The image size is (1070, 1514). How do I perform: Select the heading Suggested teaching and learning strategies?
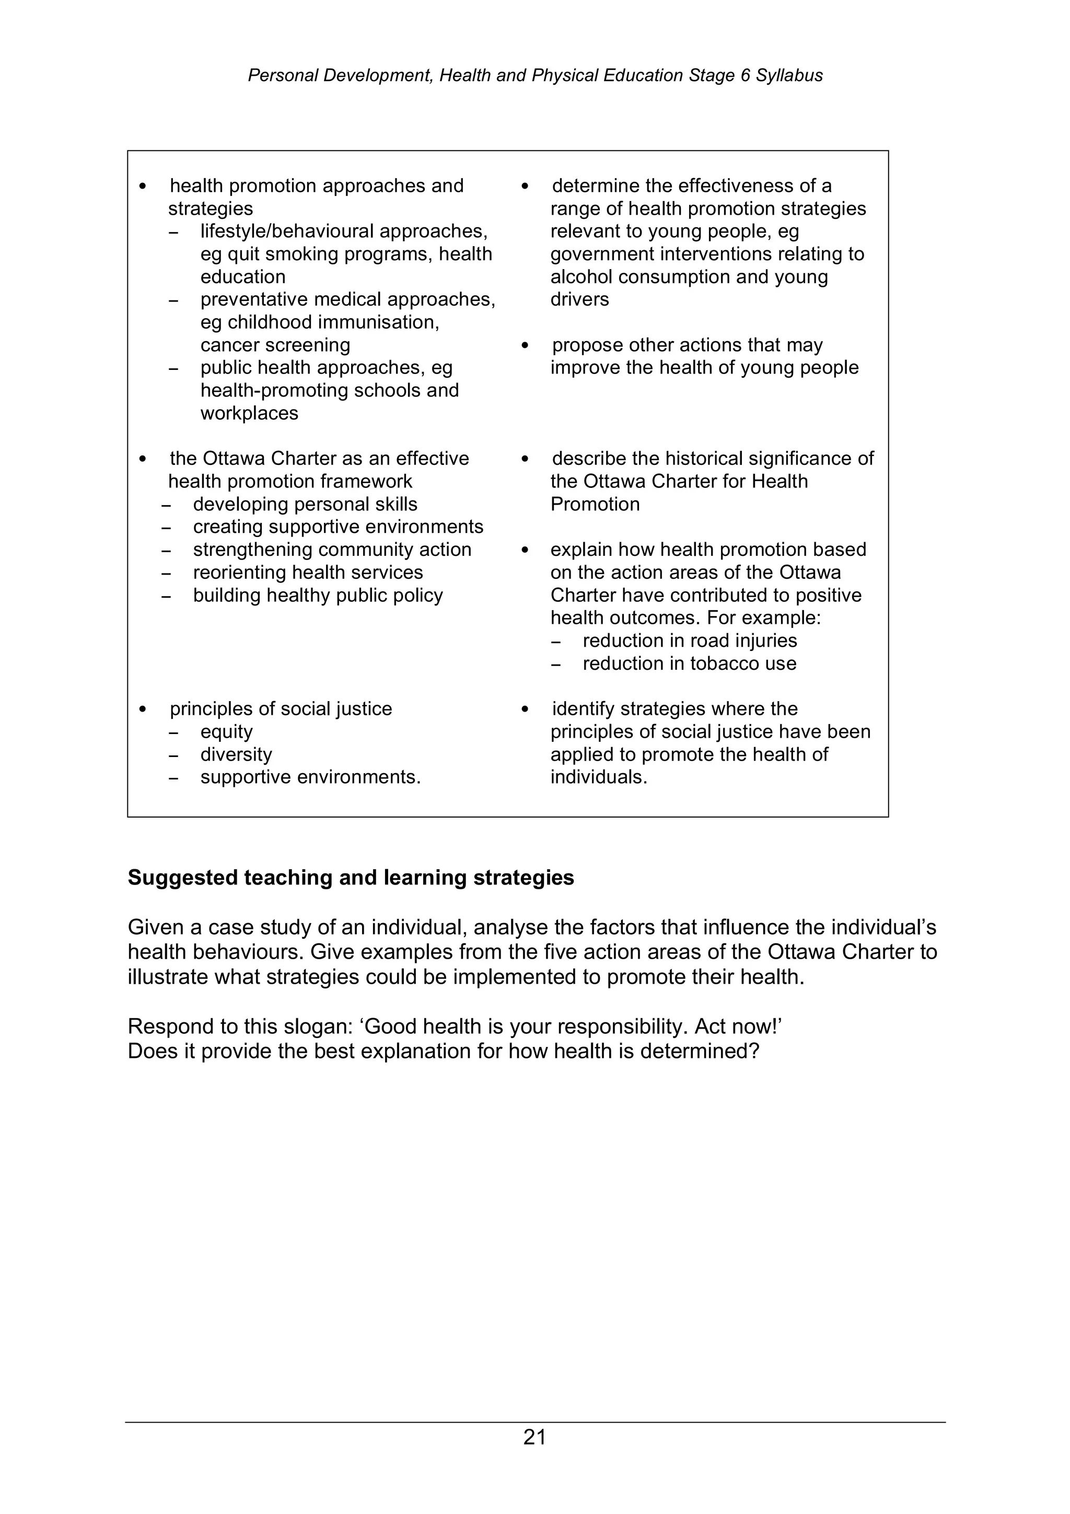tap(351, 878)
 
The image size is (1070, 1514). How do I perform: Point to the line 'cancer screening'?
tap(275, 345)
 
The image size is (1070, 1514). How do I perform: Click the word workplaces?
tap(249, 413)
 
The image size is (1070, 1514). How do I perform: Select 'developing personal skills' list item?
tap(305, 505)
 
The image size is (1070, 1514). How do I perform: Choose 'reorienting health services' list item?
tap(307, 573)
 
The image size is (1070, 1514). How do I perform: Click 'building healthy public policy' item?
tap(318, 596)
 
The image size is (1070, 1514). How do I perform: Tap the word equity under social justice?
tap(226, 732)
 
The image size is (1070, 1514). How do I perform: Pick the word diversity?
tap(236, 754)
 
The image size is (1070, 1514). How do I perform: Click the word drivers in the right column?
tap(579, 299)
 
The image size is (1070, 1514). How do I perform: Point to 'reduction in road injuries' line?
tap(689, 641)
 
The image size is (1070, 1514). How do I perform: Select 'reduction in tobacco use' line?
tap(689, 663)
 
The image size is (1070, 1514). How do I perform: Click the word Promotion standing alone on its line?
tap(595, 505)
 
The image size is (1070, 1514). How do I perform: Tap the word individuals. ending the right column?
tap(599, 777)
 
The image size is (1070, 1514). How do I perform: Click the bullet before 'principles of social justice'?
tap(143, 709)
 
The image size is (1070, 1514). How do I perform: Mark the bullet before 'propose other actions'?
tap(525, 345)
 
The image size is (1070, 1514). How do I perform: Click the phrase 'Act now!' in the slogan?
tap(738, 1027)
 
